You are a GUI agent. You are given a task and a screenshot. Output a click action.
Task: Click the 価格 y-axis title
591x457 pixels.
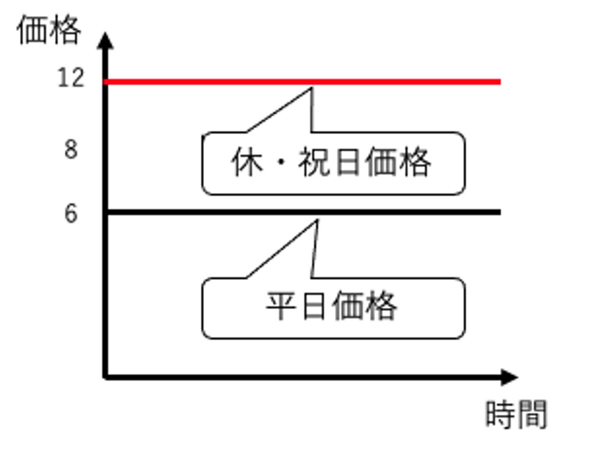(x=48, y=30)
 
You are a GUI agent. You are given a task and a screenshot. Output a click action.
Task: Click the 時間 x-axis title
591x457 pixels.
(x=516, y=414)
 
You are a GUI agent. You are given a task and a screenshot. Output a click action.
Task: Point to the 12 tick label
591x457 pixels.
(x=71, y=78)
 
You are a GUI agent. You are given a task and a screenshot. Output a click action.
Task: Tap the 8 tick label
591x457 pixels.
(x=71, y=149)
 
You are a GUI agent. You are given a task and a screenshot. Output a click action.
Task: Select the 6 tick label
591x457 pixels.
(x=71, y=214)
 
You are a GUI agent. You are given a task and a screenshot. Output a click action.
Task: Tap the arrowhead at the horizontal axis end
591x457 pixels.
(x=509, y=377)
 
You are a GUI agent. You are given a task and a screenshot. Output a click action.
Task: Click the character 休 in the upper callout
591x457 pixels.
(x=247, y=162)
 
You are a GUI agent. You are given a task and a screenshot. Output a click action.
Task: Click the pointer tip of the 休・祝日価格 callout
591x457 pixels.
(x=312, y=88)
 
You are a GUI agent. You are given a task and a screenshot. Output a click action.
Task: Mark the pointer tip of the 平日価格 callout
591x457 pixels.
(x=317, y=221)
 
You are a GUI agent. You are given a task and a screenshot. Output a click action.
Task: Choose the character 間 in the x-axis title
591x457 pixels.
(x=532, y=414)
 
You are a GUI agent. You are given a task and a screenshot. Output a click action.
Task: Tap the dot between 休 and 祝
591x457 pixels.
(x=281, y=163)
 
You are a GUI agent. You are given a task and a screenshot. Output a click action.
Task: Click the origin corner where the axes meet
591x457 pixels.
(x=105, y=377)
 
